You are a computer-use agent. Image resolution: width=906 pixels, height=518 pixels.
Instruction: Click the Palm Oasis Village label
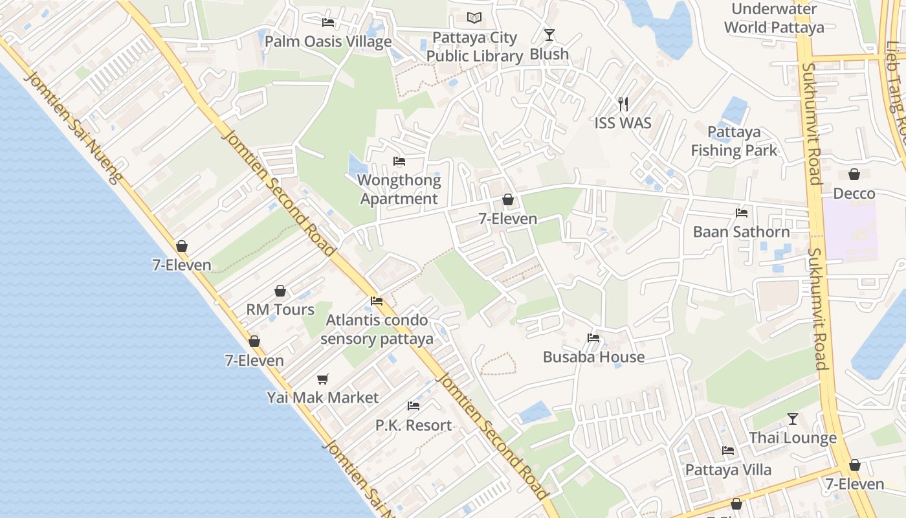click(328, 42)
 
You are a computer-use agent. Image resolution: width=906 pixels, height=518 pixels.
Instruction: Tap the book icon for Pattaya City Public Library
click(474, 17)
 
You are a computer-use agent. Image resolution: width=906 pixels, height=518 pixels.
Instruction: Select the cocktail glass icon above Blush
click(549, 34)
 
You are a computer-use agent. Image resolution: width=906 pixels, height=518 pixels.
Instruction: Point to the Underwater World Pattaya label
click(774, 18)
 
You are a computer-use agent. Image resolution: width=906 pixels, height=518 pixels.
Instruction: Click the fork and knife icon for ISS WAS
click(623, 104)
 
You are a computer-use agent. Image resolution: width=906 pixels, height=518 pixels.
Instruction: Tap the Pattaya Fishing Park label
click(734, 141)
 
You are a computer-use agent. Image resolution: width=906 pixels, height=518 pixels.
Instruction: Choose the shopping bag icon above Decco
click(854, 174)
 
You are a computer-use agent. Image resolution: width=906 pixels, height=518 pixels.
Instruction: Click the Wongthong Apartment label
click(399, 190)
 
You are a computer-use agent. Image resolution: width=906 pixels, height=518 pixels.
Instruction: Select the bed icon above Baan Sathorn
click(742, 212)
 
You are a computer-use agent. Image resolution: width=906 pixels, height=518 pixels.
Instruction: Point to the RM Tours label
click(280, 310)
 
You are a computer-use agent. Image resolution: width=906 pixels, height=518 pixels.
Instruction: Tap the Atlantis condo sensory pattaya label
click(377, 329)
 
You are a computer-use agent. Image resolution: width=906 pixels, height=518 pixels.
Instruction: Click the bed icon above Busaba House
click(593, 337)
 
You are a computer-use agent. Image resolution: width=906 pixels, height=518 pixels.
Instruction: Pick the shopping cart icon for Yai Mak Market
click(322, 379)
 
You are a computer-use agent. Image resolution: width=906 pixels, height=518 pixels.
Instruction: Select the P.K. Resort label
click(414, 425)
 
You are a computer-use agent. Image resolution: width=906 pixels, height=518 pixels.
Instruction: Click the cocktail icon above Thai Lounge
click(793, 419)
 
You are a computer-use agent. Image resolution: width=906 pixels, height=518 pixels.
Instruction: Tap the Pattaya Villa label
click(728, 470)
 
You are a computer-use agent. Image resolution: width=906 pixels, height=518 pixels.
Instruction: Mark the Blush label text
click(549, 54)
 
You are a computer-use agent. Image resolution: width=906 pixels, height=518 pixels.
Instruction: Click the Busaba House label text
click(593, 357)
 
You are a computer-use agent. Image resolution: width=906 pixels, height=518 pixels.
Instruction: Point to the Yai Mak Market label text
click(322, 397)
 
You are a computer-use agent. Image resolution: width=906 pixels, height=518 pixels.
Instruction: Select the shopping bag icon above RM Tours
click(280, 291)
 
